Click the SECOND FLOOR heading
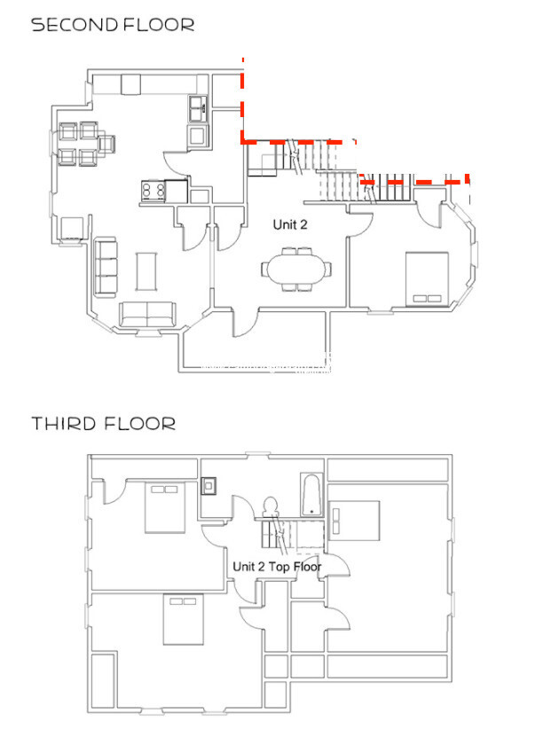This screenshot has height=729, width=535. click(x=113, y=25)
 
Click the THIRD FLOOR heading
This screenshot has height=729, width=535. click(x=104, y=424)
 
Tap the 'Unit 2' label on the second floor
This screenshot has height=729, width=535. click(x=290, y=225)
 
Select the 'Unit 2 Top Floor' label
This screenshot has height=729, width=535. click(x=277, y=566)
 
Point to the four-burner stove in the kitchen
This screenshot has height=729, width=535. click(x=152, y=189)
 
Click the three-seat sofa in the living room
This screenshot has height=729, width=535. click(x=106, y=267)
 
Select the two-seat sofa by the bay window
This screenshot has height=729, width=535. click(x=147, y=312)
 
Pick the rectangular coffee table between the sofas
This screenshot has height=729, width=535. click(x=146, y=270)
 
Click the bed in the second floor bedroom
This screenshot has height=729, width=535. click(x=428, y=278)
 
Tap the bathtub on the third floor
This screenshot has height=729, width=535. click(x=311, y=495)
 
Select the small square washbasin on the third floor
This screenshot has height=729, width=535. click(x=209, y=485)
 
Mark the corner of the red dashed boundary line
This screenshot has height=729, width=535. click(x=243, y=140)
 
